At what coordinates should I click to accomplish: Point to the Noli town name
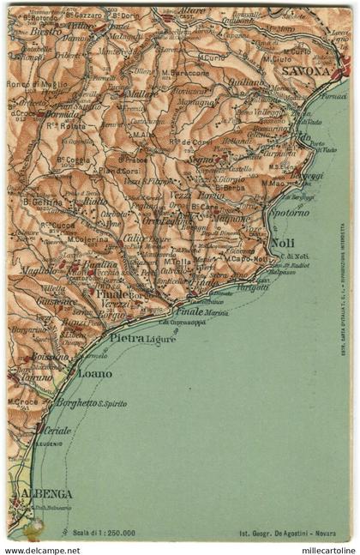[x=282, y=243]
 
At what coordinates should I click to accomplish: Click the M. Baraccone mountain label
[x=186, y=73]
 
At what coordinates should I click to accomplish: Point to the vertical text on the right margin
[x=343, y=293]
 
